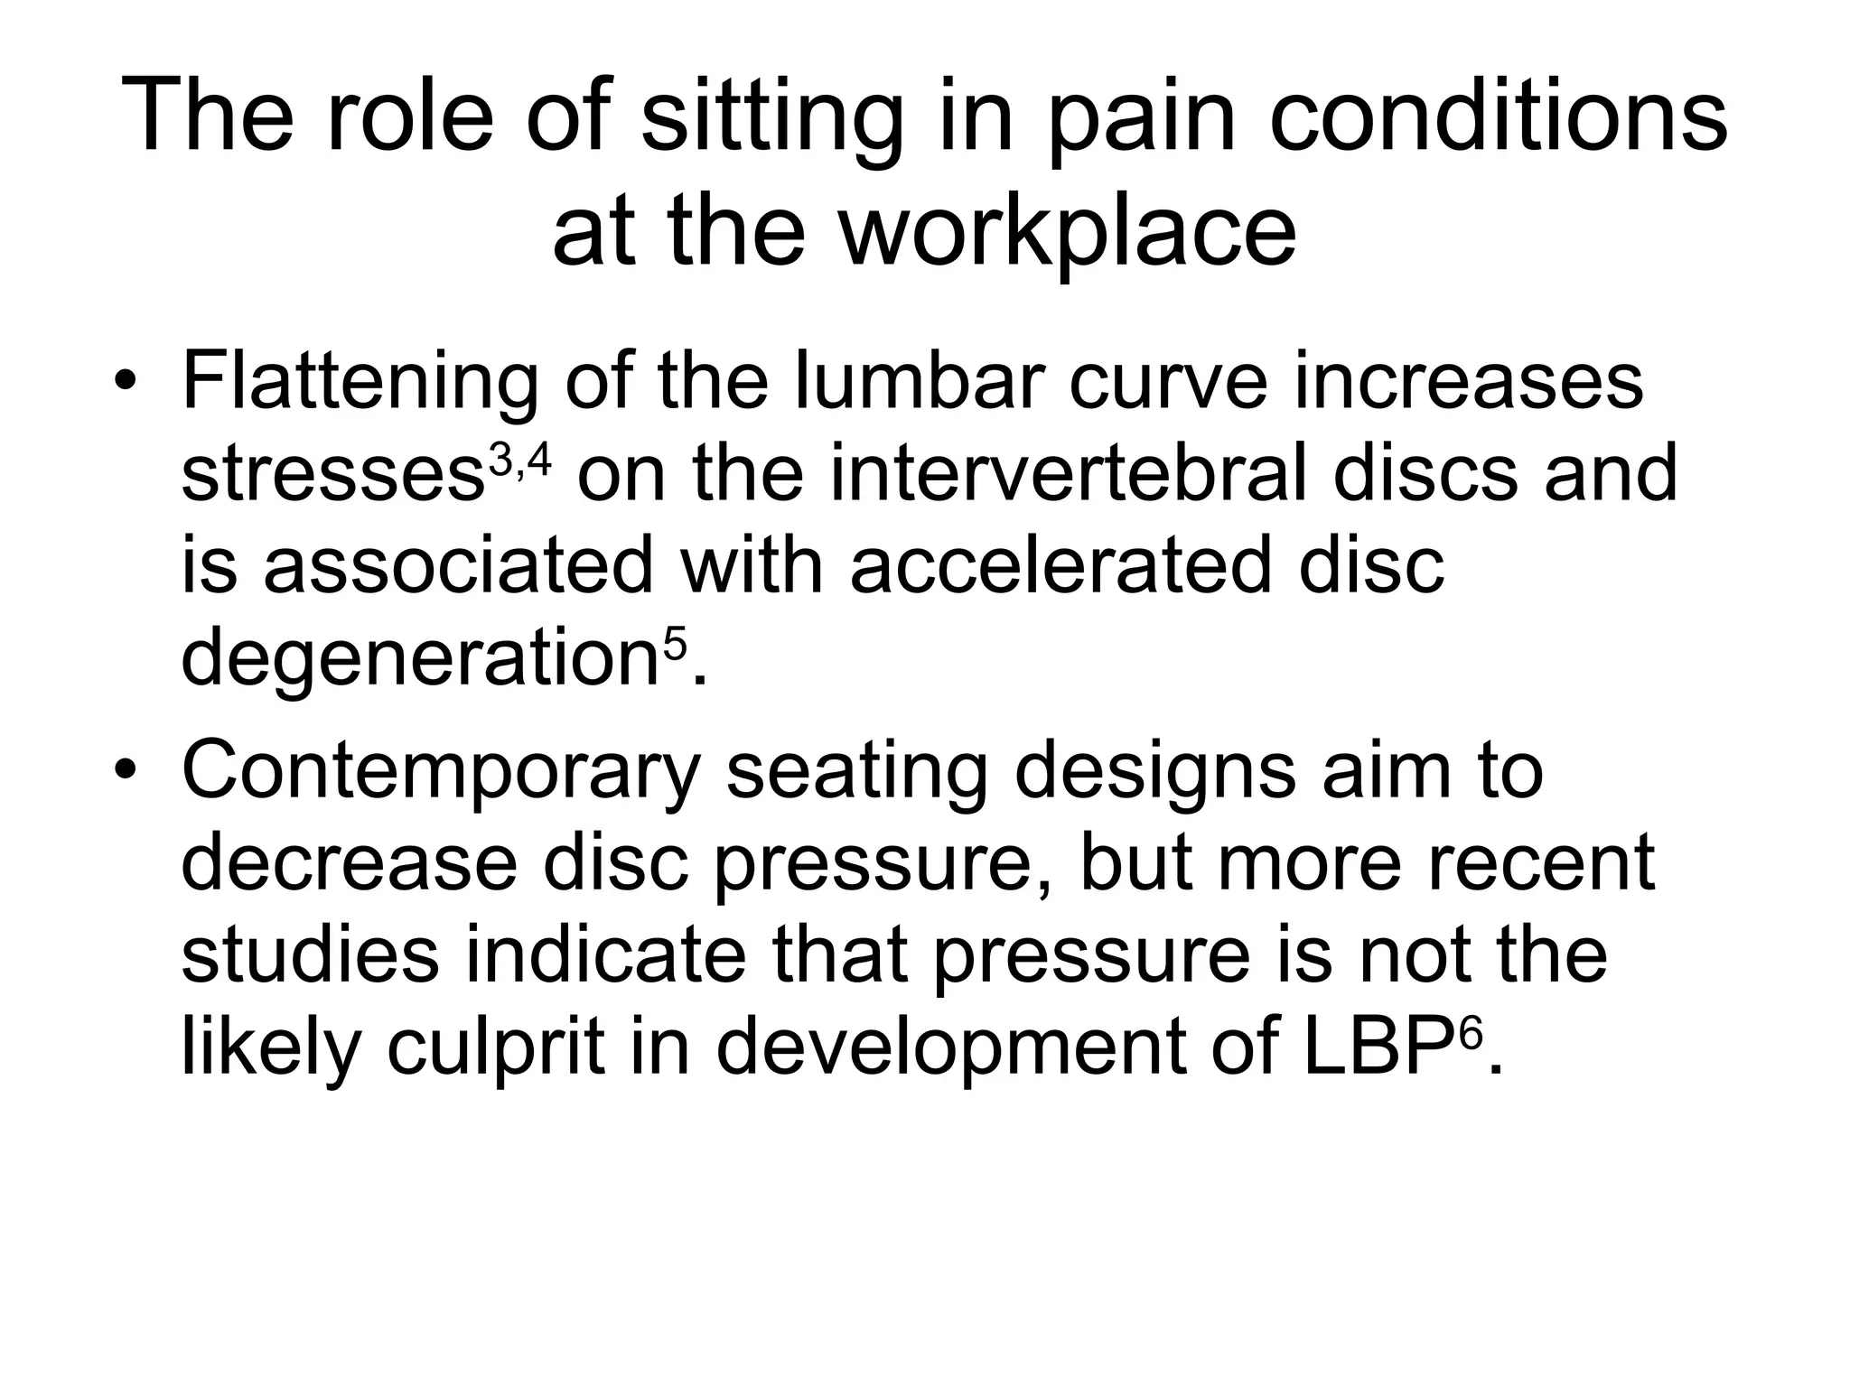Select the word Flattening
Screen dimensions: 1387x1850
pos(360,382)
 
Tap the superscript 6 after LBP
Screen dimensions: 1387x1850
pos(1472,1033)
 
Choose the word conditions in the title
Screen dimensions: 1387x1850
pos(1499,117)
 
